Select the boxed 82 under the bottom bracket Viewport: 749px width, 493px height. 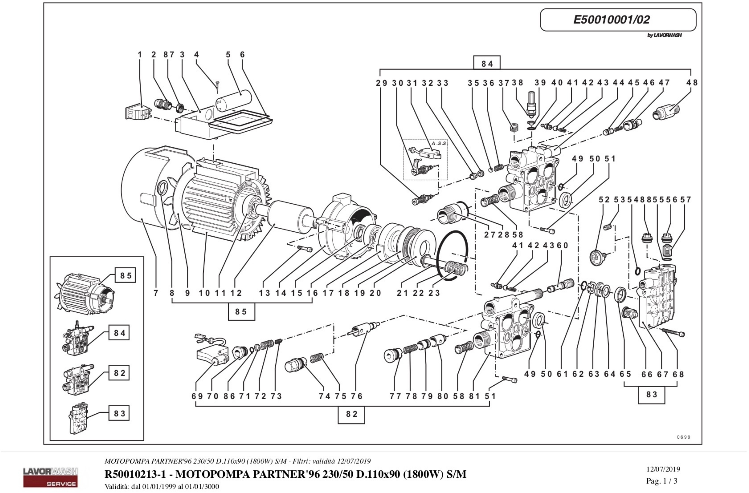(x=351, y=414)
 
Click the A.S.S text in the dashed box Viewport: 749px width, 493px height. (x=439, y=143)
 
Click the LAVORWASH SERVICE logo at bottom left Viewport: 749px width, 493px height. (x=50, y=477)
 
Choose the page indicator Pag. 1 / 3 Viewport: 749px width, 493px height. (x=662, y=481)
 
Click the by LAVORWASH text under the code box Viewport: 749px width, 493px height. (x=664, y=35)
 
